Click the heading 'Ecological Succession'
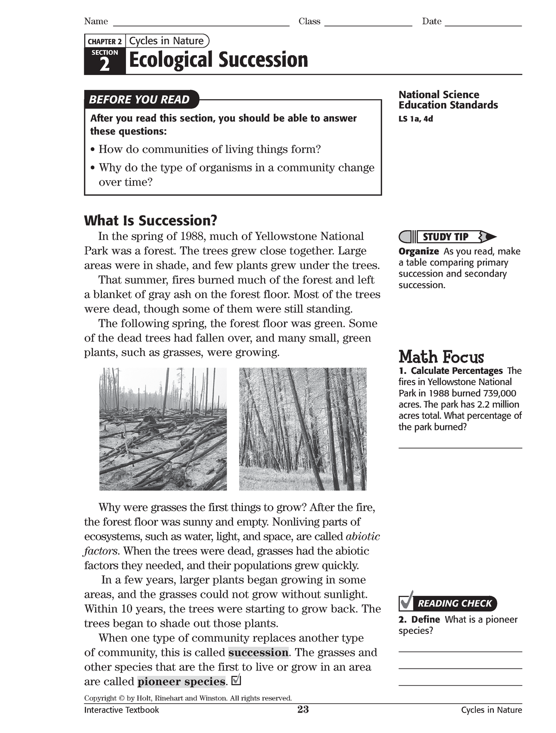click(218, 60)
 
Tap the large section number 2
click(105, 64)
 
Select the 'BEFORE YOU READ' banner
click(139, 100)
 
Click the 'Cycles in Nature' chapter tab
click(166, 41)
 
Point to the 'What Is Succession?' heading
click(151, 220)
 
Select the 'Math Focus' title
click(441, 357)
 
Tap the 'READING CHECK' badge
click(454, 603)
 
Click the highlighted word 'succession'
click(258, 652)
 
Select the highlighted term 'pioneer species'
click(181, 682)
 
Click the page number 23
click(303, 709)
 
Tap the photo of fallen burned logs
click(163, 429)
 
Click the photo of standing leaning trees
click(303, 429)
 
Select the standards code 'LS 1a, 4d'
click(416, 119)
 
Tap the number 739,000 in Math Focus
click(499, 393)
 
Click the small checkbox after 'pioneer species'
click(236, 681)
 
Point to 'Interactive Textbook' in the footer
click(121, 710)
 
